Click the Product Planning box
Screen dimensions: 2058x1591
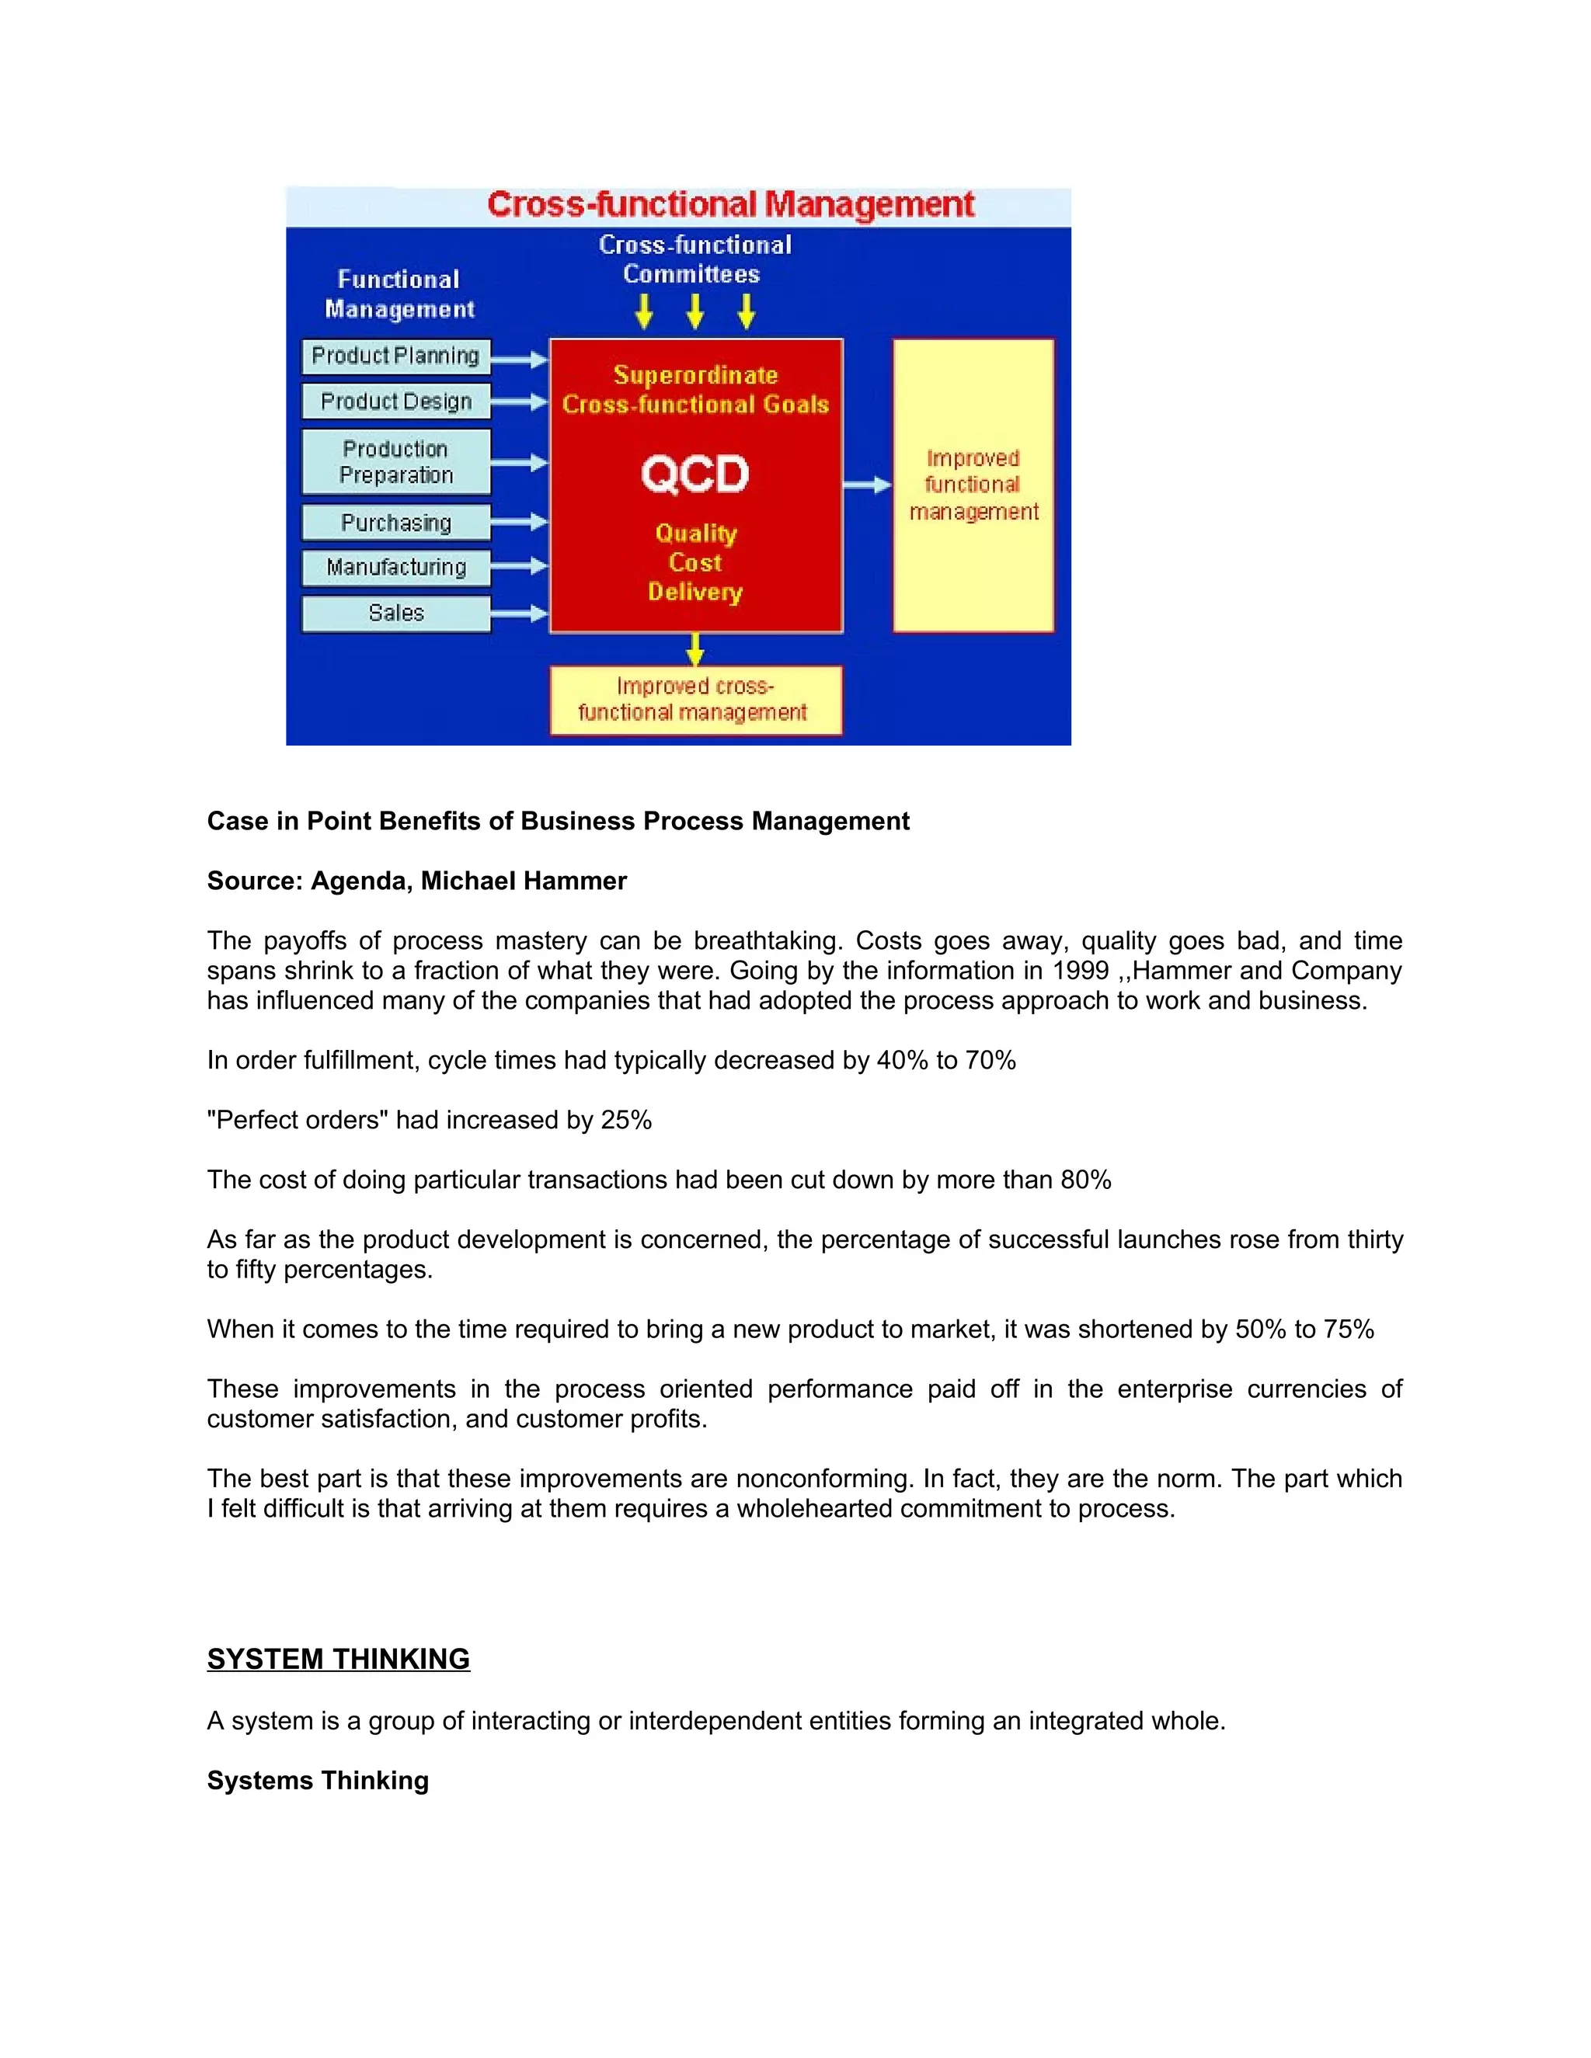(396, 356)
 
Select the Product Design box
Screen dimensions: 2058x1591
(396, 402)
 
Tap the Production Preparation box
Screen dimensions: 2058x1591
(396, 462)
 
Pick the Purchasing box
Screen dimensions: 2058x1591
(396, 522)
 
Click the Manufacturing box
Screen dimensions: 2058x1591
(396, 567)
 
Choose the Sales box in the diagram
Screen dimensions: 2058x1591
(396, 614)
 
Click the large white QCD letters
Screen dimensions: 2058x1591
(695, 474)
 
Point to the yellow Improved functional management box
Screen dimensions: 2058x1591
(973, 485)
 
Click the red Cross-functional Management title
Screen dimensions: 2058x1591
(730, 204)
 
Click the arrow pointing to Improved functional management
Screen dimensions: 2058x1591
(867, 485)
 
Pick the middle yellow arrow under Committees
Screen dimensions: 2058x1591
(695, 311)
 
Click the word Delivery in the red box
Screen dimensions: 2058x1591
(695, 592)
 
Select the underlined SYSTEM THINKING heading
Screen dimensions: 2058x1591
(339, 1659)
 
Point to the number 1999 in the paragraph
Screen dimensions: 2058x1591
(1081, 971)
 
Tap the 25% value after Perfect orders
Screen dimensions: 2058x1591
(627, 1121)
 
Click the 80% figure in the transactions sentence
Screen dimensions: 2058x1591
(1086, 1180)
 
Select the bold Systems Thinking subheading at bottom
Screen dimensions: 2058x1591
(318, 1780)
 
